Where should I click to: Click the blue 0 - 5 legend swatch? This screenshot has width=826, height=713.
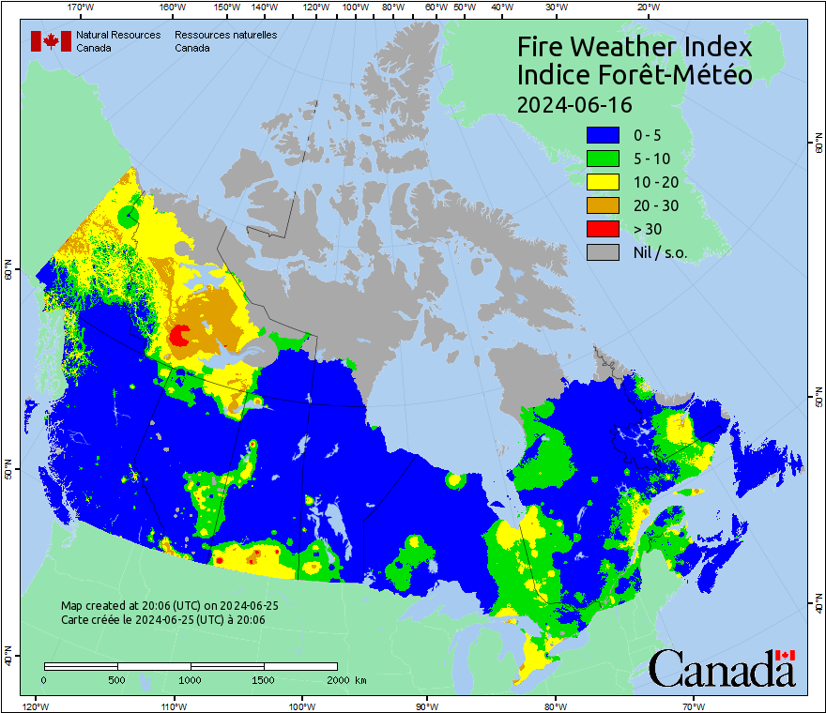point(603,136)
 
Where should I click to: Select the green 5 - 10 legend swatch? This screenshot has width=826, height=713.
point(603,159)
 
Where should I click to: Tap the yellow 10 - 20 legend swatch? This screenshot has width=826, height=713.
point(603,182)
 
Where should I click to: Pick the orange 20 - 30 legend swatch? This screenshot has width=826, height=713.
point(603,205)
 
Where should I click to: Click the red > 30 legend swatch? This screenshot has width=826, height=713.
point(603,229)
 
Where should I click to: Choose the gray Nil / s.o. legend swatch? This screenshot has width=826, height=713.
point(603,251)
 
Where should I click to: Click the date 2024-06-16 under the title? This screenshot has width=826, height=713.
point(574,104)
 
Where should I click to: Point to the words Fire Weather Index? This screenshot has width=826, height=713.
point(635,47)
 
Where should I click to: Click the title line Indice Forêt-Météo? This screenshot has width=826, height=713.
point(635,75)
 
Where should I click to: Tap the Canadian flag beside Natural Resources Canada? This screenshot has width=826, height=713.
point(51,41)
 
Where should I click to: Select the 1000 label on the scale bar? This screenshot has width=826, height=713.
point(191,679)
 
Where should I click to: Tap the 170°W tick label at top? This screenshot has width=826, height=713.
point(82,8)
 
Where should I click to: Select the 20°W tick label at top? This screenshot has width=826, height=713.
point(646,8)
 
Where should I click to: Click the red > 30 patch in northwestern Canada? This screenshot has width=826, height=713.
point(179,335)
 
